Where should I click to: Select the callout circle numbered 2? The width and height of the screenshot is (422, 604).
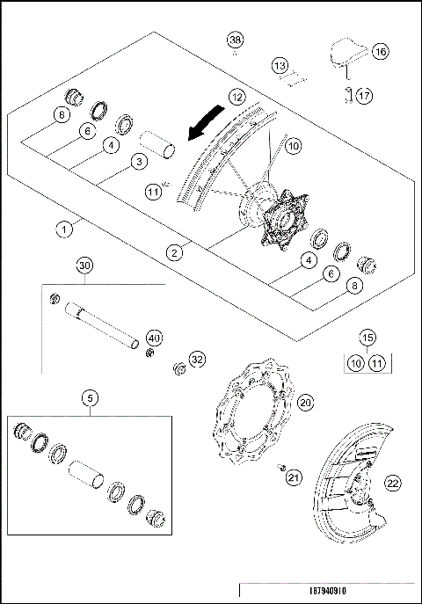point(177,252)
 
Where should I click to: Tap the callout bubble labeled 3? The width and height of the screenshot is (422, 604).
point(137,161)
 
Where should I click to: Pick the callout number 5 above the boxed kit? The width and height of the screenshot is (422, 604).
point(89,397)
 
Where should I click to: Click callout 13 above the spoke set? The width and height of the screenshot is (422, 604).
point(280,66)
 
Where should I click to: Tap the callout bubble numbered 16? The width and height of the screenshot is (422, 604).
point(380,52)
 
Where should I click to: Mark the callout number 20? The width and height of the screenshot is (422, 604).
point(305,402)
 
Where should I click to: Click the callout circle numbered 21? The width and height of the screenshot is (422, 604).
point(293,477)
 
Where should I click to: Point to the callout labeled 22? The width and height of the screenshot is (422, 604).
point(392,482)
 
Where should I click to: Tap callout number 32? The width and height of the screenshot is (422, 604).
point(196,359)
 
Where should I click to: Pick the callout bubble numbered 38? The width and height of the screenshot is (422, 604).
point(234,40)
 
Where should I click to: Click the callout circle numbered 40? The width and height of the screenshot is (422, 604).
point(154,337)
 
